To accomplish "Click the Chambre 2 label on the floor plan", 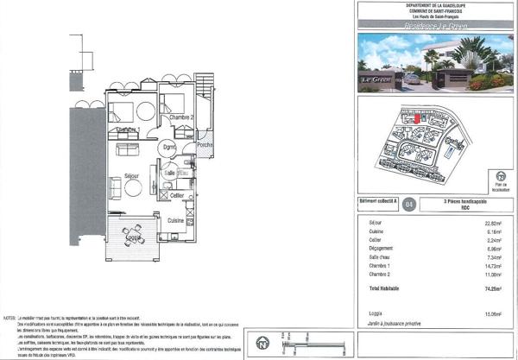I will (180, 117).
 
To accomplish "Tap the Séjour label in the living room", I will (131, 175).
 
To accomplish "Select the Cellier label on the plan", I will (176, 197).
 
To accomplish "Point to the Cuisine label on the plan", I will (176, 221).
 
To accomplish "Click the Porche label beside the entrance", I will (205, 145).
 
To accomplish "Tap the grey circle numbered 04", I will (408, 205).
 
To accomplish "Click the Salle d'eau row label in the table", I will (378, 257).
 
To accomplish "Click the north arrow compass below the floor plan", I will (261, 346).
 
